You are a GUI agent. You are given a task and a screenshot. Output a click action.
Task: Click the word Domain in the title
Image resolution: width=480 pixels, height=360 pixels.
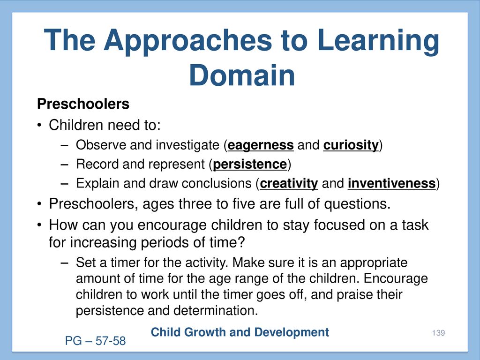tap(242, 75)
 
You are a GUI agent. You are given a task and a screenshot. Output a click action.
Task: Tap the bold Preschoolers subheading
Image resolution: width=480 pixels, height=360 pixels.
tap(83, 104)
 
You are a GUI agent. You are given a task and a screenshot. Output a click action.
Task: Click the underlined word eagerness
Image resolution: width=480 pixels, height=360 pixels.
tap(261, 145)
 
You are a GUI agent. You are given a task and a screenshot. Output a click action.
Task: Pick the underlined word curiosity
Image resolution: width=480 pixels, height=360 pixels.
tap(351, 145)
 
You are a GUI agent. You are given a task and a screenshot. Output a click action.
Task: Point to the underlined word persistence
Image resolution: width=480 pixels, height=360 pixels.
tap(250, 165)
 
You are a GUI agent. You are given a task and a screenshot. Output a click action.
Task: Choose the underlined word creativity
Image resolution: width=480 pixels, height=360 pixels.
tap(289, 184)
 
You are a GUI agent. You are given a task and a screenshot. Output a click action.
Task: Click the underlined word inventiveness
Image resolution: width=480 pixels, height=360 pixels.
tap(391, 183)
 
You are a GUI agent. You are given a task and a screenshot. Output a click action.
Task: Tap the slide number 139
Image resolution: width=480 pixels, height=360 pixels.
tap(438, 333)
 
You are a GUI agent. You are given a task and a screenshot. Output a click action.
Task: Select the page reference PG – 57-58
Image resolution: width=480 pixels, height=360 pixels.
tap(95, 341)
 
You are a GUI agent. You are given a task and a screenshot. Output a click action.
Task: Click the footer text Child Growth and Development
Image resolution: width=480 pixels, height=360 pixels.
tap(240, 332)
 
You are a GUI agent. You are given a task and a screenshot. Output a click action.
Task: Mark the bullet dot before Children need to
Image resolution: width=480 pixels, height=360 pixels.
tap(39, 126)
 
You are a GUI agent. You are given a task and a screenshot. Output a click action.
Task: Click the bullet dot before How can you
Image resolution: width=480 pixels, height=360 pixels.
tap(39, 225)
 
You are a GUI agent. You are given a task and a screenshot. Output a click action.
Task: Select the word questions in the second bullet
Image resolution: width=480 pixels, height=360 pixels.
tap(357, 204)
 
